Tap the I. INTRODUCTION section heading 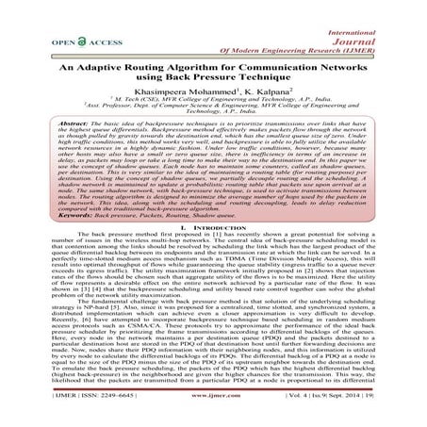click(213, 256)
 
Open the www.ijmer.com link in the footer click(214, 410)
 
